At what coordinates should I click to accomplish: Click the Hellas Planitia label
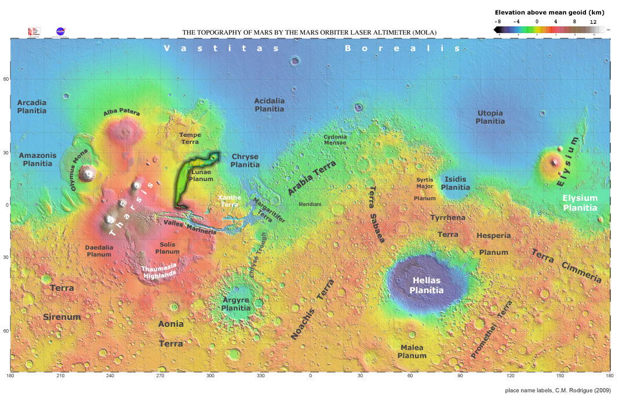pyautogui.click(x=427, y=285)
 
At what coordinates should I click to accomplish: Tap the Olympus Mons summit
pyautogui.click(x=88, y=172)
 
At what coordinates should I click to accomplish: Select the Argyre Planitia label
pyautogui.click(x=236, y=304)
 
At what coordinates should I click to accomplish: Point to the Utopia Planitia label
pyautogui.click(x=490, y=117)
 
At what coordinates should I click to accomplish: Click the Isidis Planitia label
pyautogui.click(x=456, y=183)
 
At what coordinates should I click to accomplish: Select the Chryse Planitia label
pyautogui.click(x=245, y=161)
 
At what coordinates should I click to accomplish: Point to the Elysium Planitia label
pyautogui.click(x=580, y=203)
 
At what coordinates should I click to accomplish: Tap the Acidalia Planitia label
pyautogui.click(x=270, y=104)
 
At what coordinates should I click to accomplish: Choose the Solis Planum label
pyautogui.click(x=168, y=248)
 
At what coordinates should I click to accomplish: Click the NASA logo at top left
pyautogui.click(x=60, y=31)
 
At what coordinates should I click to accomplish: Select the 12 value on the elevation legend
pyautogui.click(x=592, y=21)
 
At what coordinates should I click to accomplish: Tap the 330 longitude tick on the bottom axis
pyautogui.click(x=260, y=376)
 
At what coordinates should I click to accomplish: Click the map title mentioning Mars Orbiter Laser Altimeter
pyautogui.click(x=310, y=33)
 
